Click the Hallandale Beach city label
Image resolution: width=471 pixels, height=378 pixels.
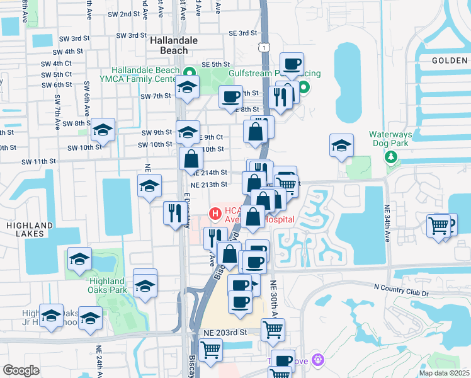point(169,45)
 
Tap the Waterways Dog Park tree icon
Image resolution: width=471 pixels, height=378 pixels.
point(392,156)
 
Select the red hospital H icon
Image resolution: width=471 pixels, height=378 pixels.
point(215,214)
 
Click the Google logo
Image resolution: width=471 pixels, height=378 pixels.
point(21,370)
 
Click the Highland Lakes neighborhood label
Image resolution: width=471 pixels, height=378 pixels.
point(26,229)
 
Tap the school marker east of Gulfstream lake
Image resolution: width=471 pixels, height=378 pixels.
point(341,146)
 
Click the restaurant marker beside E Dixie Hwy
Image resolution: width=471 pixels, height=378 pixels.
point(173,212)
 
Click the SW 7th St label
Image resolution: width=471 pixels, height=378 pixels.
point(156,96)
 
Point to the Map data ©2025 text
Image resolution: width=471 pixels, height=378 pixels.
point(444,373)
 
